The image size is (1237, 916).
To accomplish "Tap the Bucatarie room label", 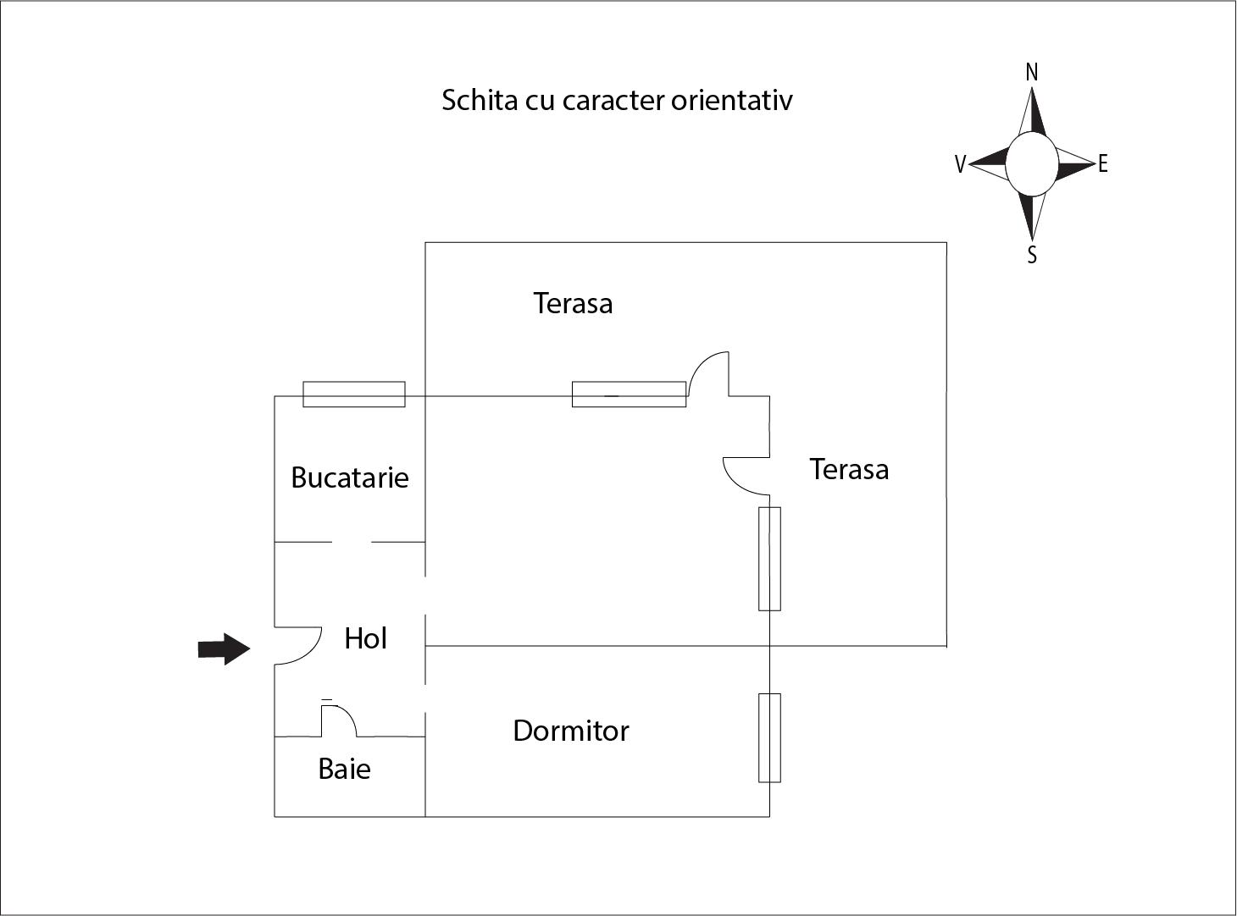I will click(x=349, y=477).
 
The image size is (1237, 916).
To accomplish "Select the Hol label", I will click(x=365, y=638).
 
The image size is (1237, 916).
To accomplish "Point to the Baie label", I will click(x=344, y=769).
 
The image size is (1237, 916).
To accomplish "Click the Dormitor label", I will click(x=570, y=731).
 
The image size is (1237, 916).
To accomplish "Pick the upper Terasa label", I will click(x=573, y=303).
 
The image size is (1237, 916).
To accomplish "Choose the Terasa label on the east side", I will click(x=849, y=469).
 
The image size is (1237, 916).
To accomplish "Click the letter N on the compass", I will click(x=1031, y=73).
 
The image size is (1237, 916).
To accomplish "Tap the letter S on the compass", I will click(x=1031, y=255).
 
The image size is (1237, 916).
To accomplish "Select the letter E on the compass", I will click(x=1102, y=164).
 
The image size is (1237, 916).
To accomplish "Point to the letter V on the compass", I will click(x=960, y=164).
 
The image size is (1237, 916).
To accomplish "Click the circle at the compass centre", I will click(x=1031, y=164).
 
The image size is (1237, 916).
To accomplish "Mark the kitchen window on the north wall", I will click(x=354, y=395).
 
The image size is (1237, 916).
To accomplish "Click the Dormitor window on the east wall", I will click(x=769, y=737).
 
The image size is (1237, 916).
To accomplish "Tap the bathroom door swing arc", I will click(x=341, y=720).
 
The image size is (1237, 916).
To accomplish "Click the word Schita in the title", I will click(x=479, y=100).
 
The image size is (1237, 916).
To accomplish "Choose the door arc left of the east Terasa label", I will click(x=743, y=475).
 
